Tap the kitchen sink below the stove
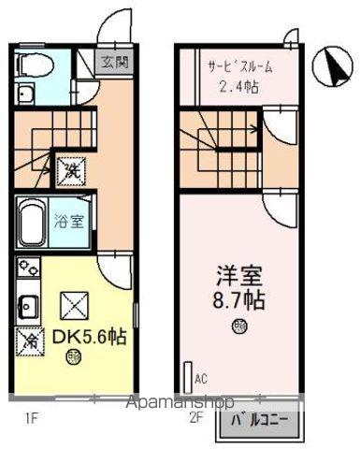point(26,307)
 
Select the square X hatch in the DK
point(73,305)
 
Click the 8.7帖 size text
point(239,304)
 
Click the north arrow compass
point(330,65)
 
